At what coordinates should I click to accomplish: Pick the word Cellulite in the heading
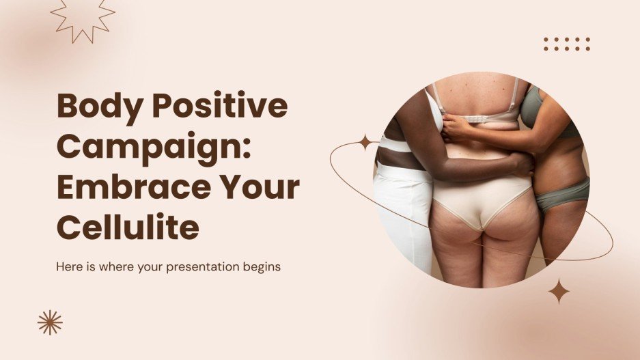click(x=128, y=227)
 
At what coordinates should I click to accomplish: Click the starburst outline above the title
click(x=83, y=18)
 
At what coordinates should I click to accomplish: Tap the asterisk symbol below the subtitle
click(x=50, y=322)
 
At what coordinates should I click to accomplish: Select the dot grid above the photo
click(x=566, y=44)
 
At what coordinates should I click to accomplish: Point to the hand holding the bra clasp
click(x=456, y=126)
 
